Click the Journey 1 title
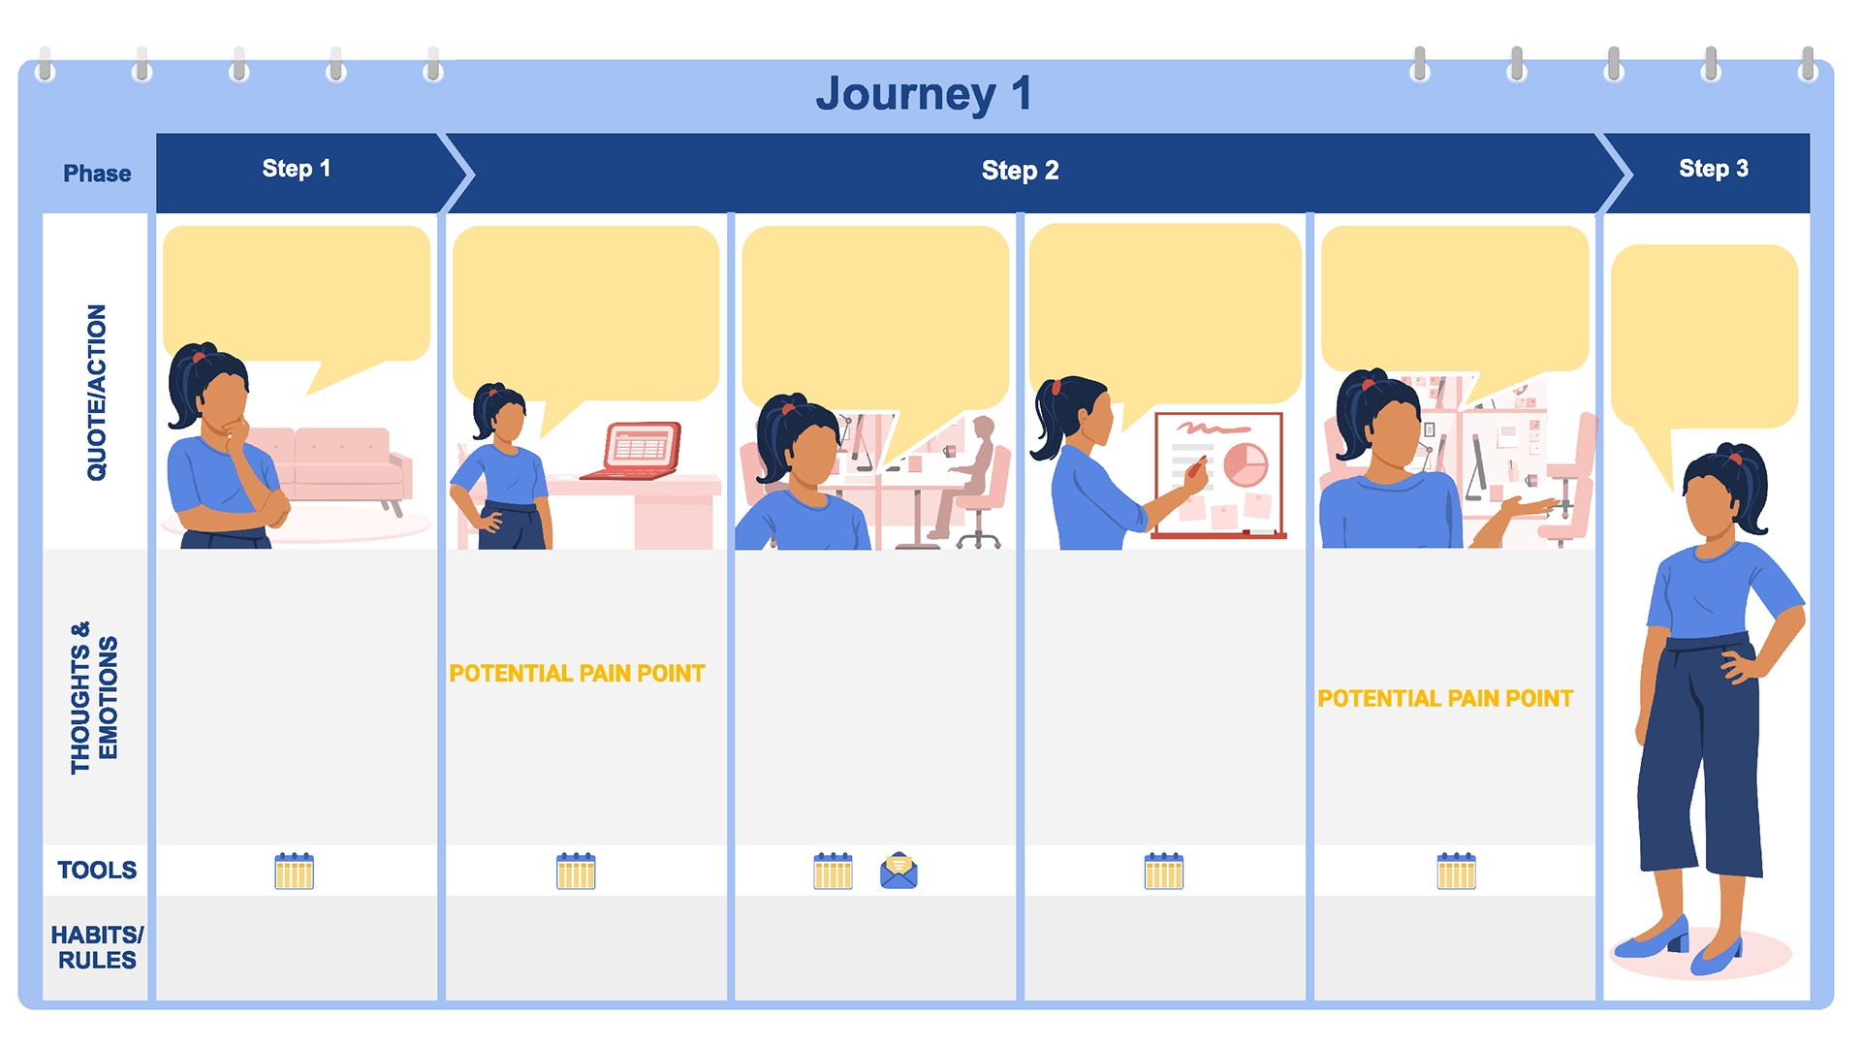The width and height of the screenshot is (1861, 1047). [923, 94]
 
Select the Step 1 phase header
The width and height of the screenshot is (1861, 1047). [297, 169]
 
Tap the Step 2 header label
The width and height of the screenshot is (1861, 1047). [1020, 171]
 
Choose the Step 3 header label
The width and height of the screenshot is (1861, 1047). [1713, 169]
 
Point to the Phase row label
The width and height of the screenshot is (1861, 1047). [97, 174]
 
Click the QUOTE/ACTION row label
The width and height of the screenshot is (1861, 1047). [97, 393]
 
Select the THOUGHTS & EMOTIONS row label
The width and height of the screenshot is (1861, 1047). [94, 698]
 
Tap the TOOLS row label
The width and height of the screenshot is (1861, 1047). [97, 870]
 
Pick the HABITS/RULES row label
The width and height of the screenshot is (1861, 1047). [97, 947]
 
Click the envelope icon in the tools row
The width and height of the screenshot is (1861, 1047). [899, 871]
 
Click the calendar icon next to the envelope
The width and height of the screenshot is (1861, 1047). [833, 871]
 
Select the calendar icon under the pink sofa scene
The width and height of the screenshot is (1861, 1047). [294, 871]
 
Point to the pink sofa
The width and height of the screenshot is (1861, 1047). [339, 465]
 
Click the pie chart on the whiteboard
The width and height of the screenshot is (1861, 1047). [1246, 463]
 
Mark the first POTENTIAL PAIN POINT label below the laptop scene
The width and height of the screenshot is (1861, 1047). [577, 674]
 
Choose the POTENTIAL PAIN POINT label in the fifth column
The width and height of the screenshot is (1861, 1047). [1445, 699]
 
